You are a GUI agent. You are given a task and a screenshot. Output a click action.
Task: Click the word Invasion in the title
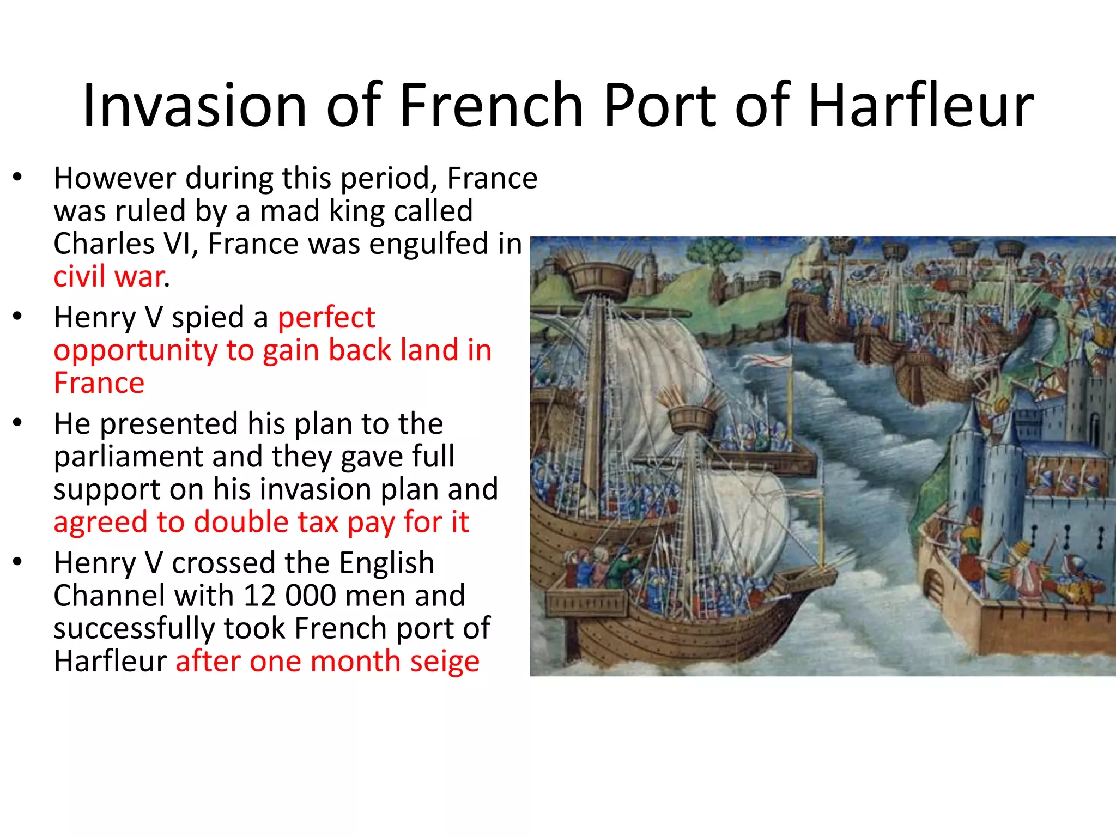tap(195, 106)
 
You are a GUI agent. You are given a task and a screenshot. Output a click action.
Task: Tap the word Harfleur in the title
tap(921, 106)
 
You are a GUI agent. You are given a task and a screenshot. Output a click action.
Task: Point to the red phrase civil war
tap(110, 277)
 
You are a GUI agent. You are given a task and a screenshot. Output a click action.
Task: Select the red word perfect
tap(326, 317)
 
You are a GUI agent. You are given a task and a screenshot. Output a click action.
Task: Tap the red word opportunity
tap(135, 350)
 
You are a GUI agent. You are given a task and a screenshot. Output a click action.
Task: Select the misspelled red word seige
tap(445, 662)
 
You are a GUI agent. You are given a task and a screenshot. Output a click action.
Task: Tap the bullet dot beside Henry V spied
tap(18, 316)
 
